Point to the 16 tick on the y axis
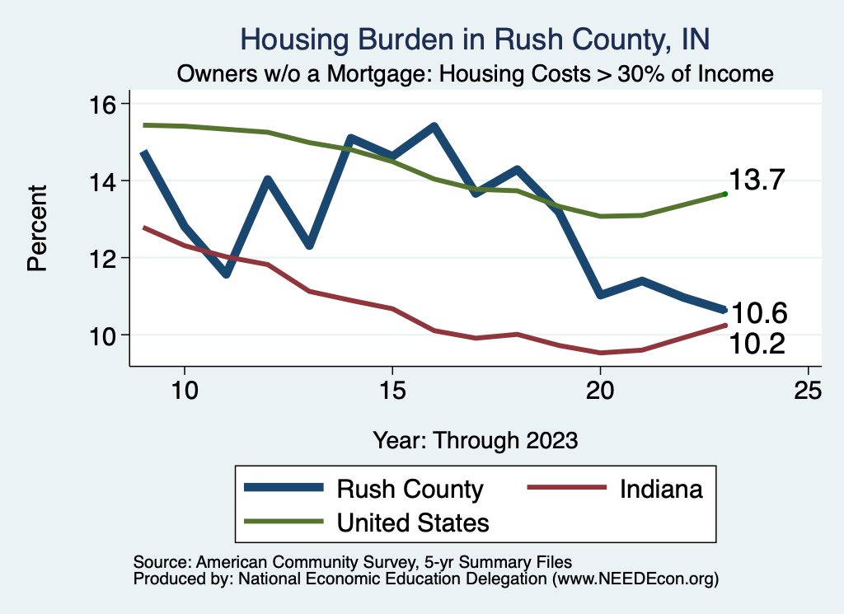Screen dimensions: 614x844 [x=108, y=104]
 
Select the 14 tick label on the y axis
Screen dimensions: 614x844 [x=108, y=180]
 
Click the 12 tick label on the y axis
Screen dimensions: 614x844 [x=108, y=258]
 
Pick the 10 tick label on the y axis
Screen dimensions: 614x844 [x=108, y=335]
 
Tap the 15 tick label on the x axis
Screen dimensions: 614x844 [x=392, y=390]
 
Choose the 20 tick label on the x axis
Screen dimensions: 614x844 [x=600, y=390]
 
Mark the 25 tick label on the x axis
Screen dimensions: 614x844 [x=808, y=390]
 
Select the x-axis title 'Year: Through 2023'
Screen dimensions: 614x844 [x=475, y=439]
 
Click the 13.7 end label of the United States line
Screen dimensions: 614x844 [x=756, y=180]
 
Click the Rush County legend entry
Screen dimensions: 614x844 [x=410, y=489]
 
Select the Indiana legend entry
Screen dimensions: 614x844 [x=662, y=489]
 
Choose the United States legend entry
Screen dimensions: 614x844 [x=413, y=522]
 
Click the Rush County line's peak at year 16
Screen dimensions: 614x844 [x=434, y=127]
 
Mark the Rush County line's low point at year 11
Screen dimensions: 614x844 [x=226, y=274]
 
